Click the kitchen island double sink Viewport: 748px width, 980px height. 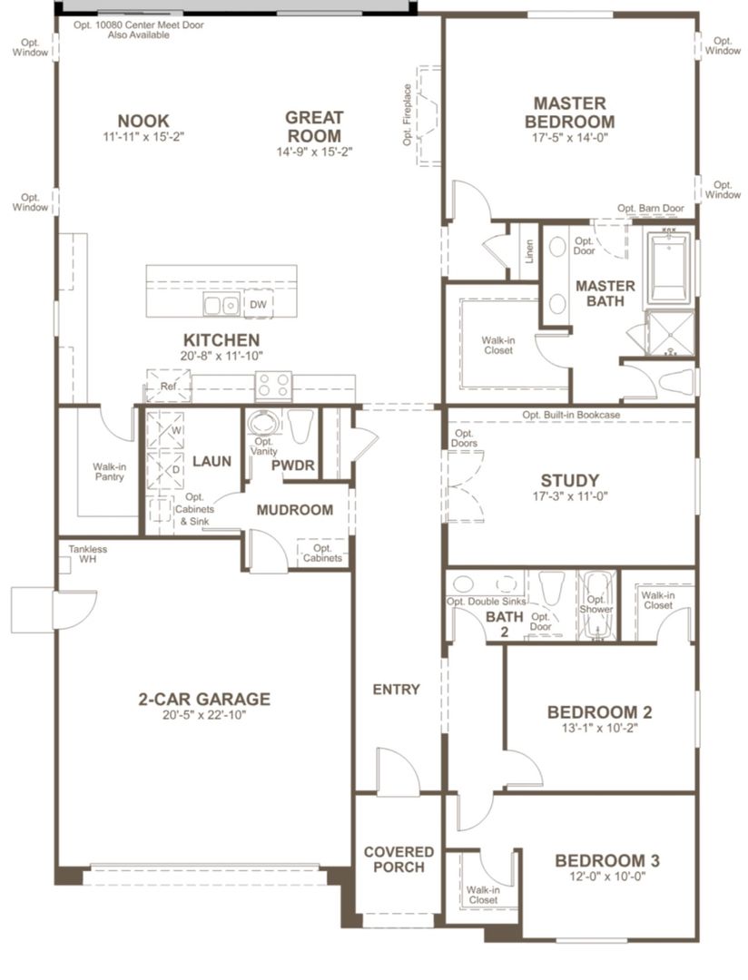point(221,306)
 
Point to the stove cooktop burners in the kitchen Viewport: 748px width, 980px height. point(271,386)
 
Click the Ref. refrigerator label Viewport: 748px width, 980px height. point(168,387)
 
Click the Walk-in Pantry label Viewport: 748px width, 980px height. point(109,474)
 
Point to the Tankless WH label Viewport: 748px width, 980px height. point(88,554)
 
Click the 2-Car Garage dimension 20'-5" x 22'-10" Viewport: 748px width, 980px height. point(204,715)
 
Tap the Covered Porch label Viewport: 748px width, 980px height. point(399,859)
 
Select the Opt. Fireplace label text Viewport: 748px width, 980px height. point(408,114)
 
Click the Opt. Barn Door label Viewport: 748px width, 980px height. point(651,208)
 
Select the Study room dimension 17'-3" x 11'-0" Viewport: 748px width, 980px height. point(569,497)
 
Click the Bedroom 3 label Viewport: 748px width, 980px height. point(607,861)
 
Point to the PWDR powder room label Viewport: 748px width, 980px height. point(292,465)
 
